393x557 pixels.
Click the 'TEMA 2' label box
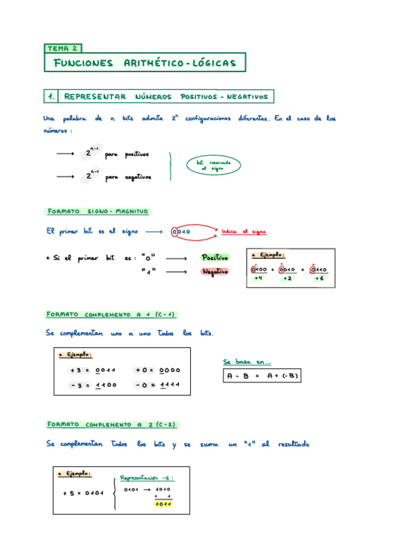point(64,48)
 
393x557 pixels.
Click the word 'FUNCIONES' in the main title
point(83,63)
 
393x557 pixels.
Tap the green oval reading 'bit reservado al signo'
point(213,165)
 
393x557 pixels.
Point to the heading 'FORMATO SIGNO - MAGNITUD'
point(98,212)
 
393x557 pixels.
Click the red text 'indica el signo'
point(243,232)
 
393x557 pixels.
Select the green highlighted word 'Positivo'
point(215,257)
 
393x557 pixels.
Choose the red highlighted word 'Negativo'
point(215,271)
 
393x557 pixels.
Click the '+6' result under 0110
point(319,278)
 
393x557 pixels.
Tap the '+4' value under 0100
point(258,278)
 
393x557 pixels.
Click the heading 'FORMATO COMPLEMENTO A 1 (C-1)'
point(112,314)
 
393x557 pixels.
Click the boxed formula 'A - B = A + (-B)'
point(262,376)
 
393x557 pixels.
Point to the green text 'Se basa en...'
point(247,361)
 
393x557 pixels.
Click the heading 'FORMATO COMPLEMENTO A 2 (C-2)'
point(112,424)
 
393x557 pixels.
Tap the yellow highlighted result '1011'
point(162,504)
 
